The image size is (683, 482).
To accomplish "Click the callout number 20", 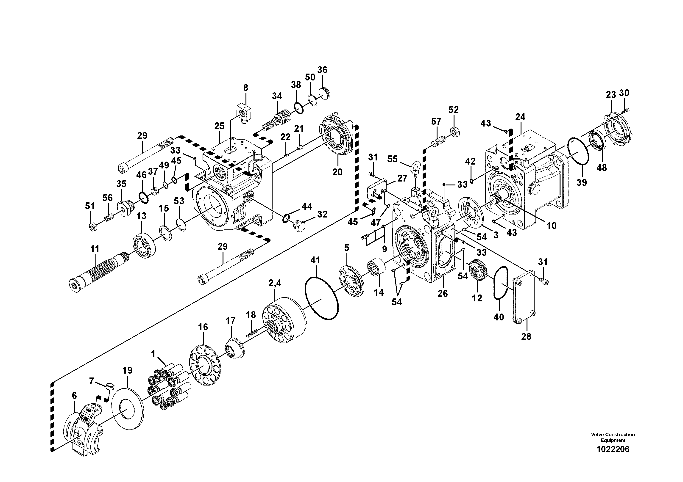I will click(x=337, y=172).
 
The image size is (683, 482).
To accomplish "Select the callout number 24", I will click(x=520, y=117).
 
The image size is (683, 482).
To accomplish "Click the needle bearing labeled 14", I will click(x=376, y=267).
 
